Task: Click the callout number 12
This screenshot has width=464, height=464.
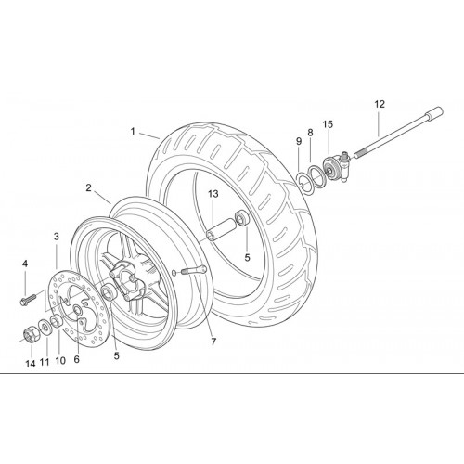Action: click(380, 104)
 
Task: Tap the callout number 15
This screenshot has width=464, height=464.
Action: click(328, 124)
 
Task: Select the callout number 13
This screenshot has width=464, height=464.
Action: click(213, 194)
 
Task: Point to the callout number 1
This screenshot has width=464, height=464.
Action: click(133, 132)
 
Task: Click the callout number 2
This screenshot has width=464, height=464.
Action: click(89, 187)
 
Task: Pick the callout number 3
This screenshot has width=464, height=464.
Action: click(57, 237)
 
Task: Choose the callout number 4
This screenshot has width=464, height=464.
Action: click(25, 264)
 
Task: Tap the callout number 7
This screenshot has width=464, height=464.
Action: click(213, 342)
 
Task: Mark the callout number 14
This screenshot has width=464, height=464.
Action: click(31, 364)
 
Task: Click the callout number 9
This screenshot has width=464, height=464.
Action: click(299, 142)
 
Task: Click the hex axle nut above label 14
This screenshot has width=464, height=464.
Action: click(31, 333)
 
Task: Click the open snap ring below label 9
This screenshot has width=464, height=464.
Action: click(303, 182)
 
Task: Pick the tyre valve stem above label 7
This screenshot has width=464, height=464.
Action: click(192, 270)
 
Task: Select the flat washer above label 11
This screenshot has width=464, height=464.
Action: click(45, 328)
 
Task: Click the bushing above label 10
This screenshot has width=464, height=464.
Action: click(57, 321)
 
